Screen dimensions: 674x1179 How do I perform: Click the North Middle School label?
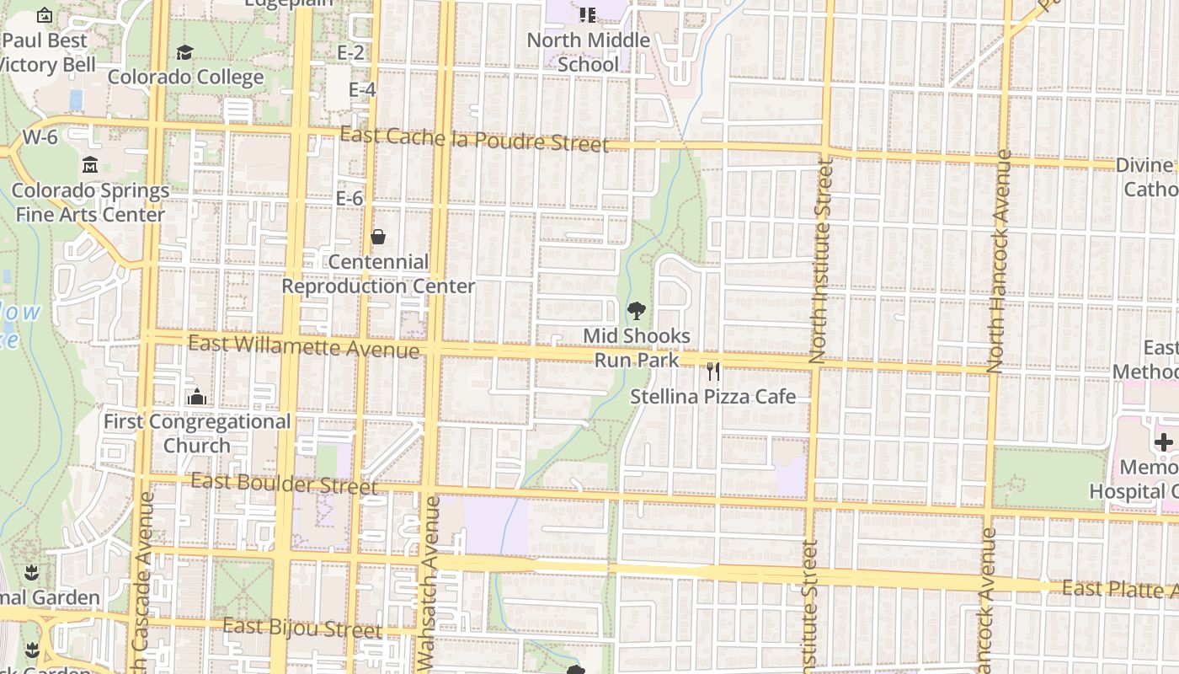point(588,52)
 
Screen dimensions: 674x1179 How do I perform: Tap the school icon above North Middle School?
point(588,14)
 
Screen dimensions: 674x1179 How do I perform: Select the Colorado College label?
point(186,78)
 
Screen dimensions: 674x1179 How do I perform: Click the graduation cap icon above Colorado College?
point(184,53)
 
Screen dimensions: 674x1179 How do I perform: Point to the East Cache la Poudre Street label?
point(474,139)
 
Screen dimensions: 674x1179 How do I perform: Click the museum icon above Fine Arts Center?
point(90,165)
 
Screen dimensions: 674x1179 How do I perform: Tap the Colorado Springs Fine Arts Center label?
point(90,203)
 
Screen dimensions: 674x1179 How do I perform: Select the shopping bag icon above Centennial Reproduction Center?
point(378,238)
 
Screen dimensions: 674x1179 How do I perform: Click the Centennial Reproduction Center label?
point(378,274)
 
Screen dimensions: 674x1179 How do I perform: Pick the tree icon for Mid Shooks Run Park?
point(637,312)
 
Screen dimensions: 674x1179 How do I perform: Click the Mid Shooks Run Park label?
point(637,348)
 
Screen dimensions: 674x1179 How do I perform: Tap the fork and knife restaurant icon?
point(713,371)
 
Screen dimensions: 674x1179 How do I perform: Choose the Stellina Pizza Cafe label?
point(713,397)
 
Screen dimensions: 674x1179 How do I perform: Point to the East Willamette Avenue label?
point(303,345)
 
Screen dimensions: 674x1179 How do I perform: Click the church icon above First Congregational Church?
point(197,396)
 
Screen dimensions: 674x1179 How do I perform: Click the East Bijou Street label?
point(302,628)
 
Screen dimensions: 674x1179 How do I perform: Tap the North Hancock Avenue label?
point(999,261)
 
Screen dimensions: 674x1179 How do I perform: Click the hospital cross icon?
point(1163,441)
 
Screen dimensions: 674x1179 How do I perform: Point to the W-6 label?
point(40,136)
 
